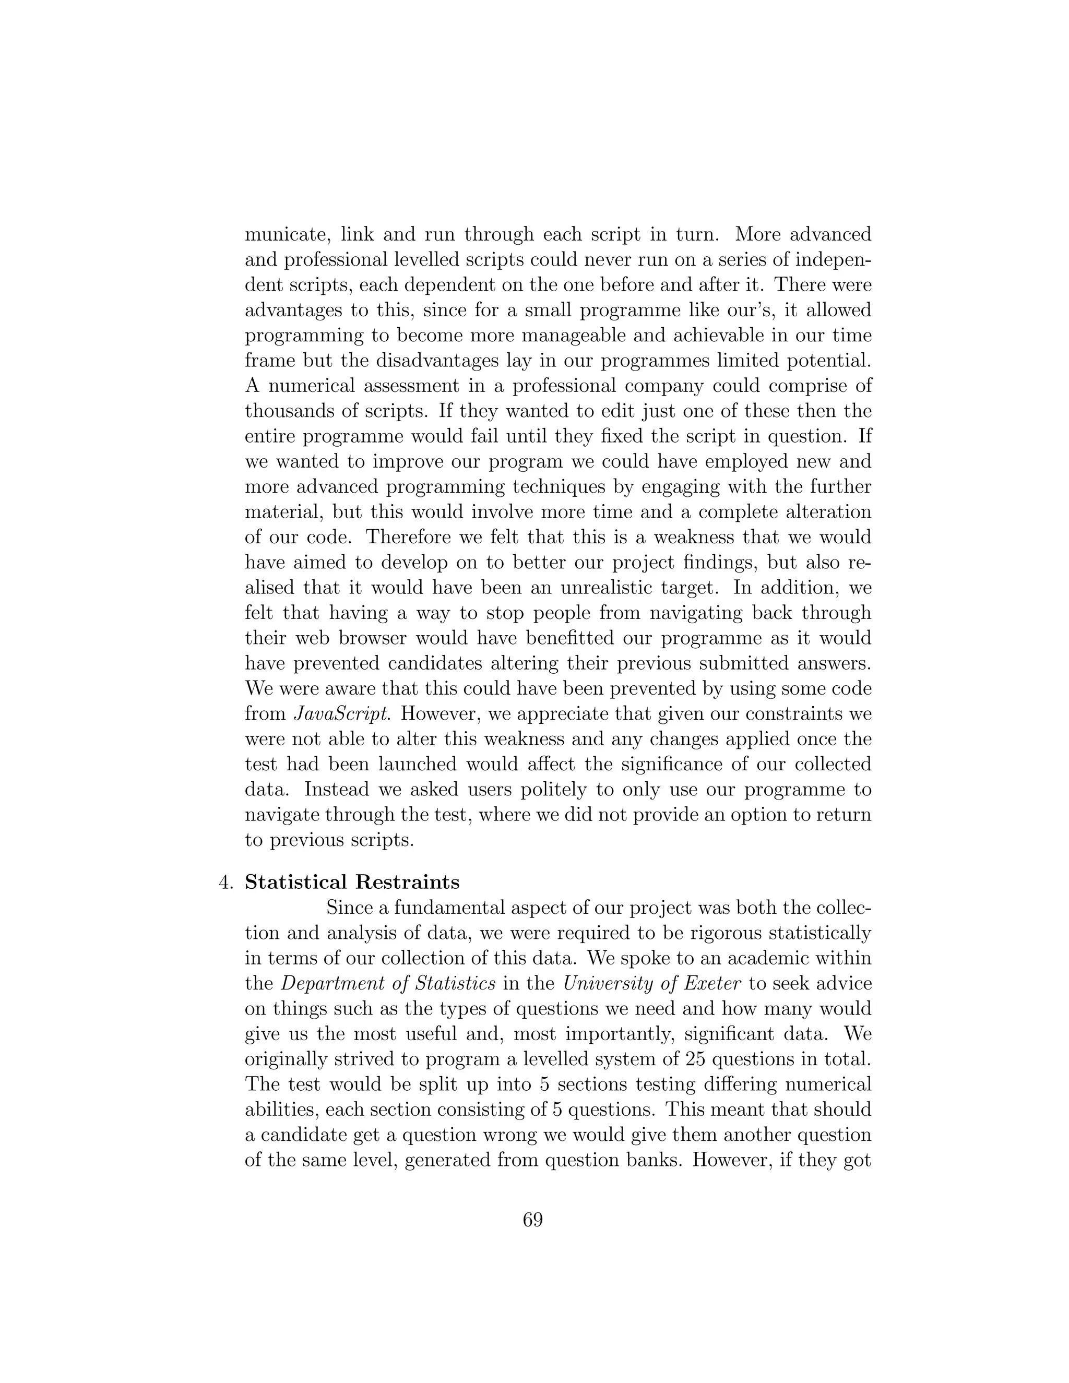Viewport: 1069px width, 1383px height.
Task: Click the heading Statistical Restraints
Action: [x=352, y=881]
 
